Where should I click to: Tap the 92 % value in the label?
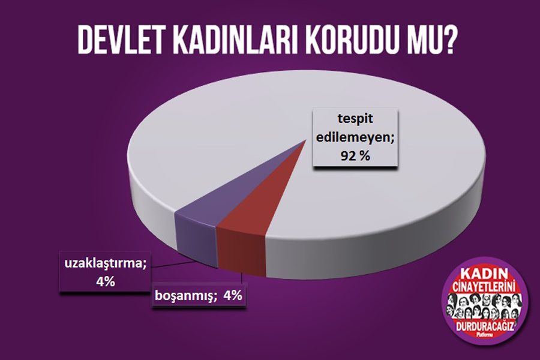coord(355,156)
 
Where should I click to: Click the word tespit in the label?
coord(355,119)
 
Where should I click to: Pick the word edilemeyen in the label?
coord(355,137)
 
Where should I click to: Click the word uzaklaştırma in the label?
coord(106,263)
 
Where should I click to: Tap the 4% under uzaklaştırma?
coord(106,282)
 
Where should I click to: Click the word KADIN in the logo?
coord(484,274)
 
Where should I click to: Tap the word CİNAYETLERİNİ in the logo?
coord(484,287)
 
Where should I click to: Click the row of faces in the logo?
coord(484,306)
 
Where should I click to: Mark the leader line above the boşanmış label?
coord(243,278)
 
